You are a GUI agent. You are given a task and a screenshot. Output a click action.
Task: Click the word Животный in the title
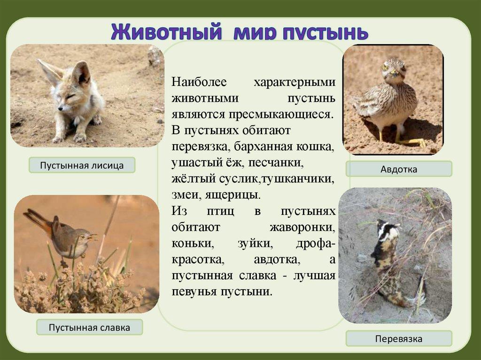(166, 31)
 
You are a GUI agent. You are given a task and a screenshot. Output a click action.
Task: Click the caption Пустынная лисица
(82, 166)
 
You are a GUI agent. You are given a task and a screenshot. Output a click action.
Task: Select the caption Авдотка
(399, 169)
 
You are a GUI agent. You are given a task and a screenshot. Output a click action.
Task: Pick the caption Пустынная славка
(89, 328)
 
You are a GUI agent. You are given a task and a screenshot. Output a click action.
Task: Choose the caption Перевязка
(399, 339)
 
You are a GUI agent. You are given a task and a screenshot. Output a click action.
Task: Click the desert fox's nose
(60, 108)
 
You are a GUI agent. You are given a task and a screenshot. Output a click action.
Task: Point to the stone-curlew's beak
(394, 73)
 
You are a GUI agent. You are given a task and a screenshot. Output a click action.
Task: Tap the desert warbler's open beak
(93, 237)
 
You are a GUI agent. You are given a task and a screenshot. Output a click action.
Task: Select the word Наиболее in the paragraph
(199, 82)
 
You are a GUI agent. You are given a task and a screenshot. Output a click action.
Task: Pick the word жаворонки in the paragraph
(302, 228)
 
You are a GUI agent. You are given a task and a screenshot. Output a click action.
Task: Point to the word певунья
(194, 291)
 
